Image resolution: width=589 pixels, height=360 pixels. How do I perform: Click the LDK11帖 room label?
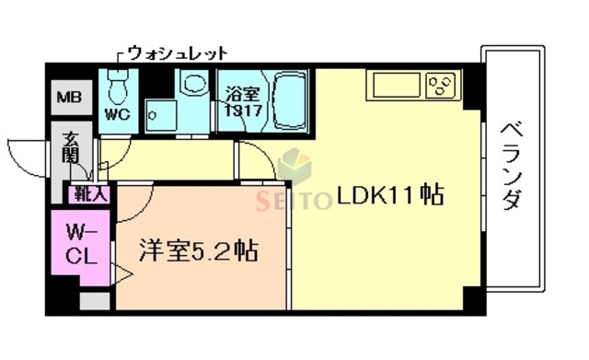tap(390, 196)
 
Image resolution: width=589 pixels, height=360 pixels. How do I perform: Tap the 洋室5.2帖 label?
tap(198, 250)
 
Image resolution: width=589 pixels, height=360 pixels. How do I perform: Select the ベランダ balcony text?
tap(512, 167)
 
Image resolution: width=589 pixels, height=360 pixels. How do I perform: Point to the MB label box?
tap(69, 97)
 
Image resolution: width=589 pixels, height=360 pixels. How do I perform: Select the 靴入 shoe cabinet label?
tap(87, 194)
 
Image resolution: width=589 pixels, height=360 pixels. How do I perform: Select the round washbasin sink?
tap(194, 87)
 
